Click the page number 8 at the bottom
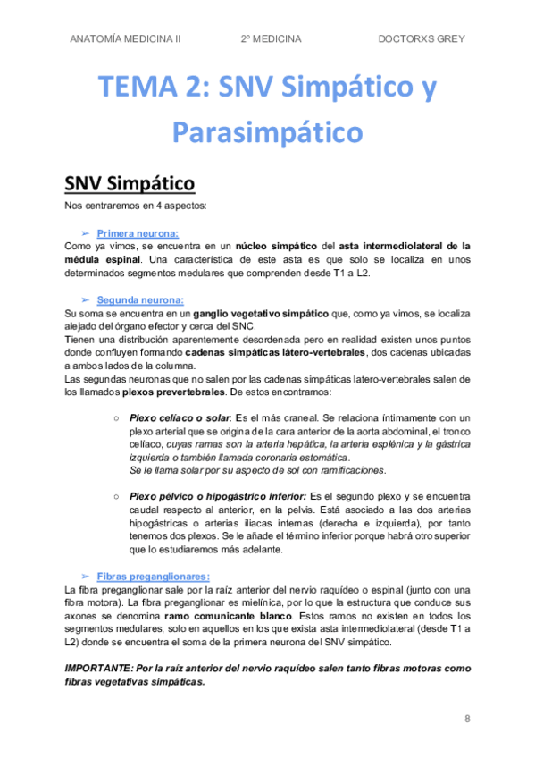point(467,718)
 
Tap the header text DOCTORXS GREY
point(422,39)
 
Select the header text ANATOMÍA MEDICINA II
point(124,39)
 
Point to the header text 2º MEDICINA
point(271,39)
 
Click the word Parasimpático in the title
point(267,132)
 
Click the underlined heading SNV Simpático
point(130,184)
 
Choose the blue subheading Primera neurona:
point(131,231)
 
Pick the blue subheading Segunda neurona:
point(134,300)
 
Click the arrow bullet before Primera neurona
point(86,231)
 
